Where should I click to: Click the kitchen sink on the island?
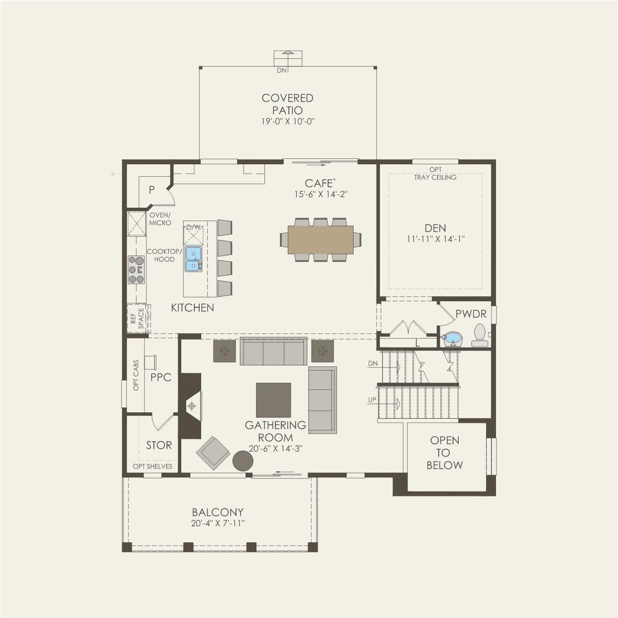click(x=193, y=259)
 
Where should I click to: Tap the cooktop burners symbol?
click(x=136, y=270)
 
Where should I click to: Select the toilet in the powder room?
click(x=480, y=335)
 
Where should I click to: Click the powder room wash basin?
click(x=452, y=339)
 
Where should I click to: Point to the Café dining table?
click(x=320, y=240)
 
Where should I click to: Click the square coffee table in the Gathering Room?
click(x=273, y=400)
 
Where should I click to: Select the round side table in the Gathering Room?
click(x=243, y=461)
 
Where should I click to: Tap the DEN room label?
click(x=435, y=228)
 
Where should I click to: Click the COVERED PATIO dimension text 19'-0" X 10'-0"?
click(x=288, y=122)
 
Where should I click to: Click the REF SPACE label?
click(x=137, y=318)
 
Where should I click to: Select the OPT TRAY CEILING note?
click(x=435, y=173)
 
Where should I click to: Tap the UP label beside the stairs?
click(x=372, y=399)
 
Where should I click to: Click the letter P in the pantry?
click(x=152, y=190)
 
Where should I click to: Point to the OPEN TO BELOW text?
click(x=445, y=453)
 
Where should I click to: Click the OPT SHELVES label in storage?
click(x=152, y=466)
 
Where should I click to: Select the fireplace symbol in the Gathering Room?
click(x=191, y=406)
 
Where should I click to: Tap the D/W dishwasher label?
click(x=193, y=227)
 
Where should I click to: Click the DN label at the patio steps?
click(x=281, y=70)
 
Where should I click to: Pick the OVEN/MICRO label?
click(x=160, y=219)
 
